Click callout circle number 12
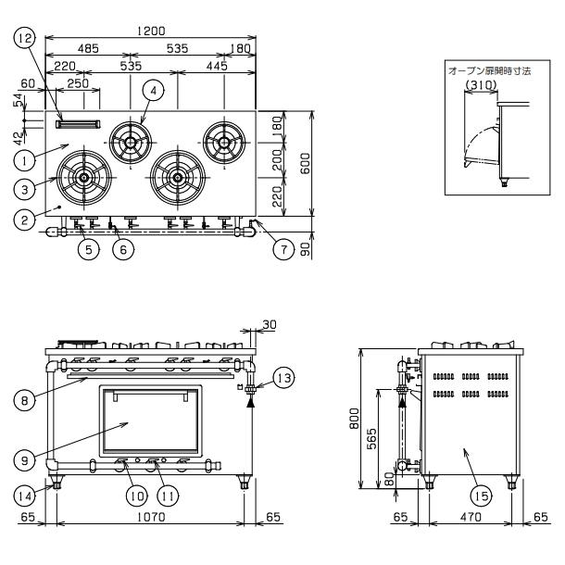(x=25, y=38)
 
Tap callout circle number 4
(x=154, y=91)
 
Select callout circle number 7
(x=284, y=249)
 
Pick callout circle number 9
(x=24, y=460)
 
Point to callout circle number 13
(x=284, y=378)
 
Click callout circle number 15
(x=482, y=496)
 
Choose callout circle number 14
(x=24, y=496)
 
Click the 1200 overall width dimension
(x=151, y=31)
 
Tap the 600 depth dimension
(x=306, y=164)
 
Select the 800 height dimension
(x=355, y=418)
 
